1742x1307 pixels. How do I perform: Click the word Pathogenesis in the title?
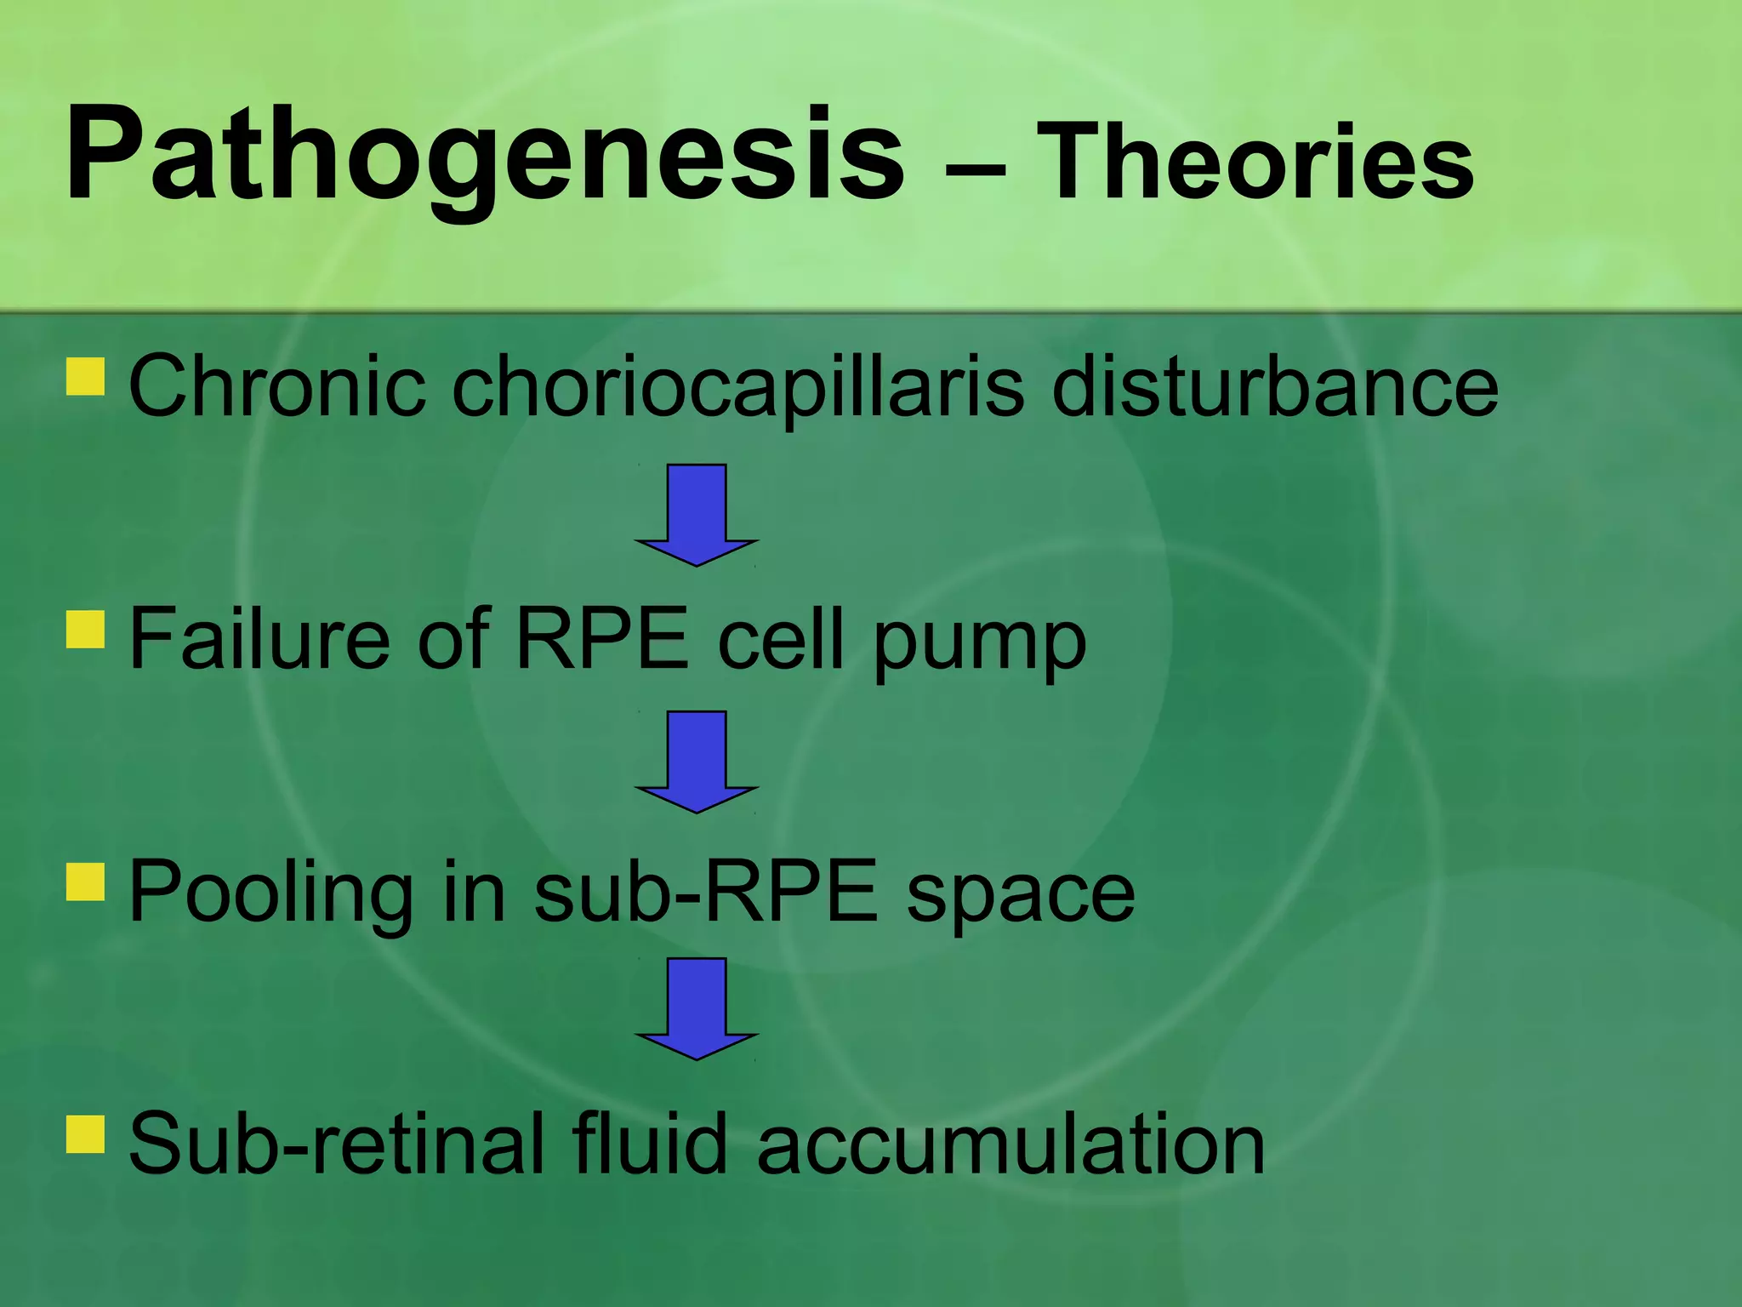[x=485, y=157]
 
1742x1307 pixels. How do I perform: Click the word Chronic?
[x=276, y=387]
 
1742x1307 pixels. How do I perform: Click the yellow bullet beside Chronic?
[x=85, y=377]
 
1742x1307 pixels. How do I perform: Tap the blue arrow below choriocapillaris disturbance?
[x=697, y=514]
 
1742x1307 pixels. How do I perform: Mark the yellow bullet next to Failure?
[x=85, y=630]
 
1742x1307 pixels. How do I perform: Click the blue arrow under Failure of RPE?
[x=697, y=761]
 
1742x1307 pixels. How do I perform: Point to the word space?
[x=1021, y=895]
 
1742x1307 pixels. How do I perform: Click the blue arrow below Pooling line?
[x=697, y=1007]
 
